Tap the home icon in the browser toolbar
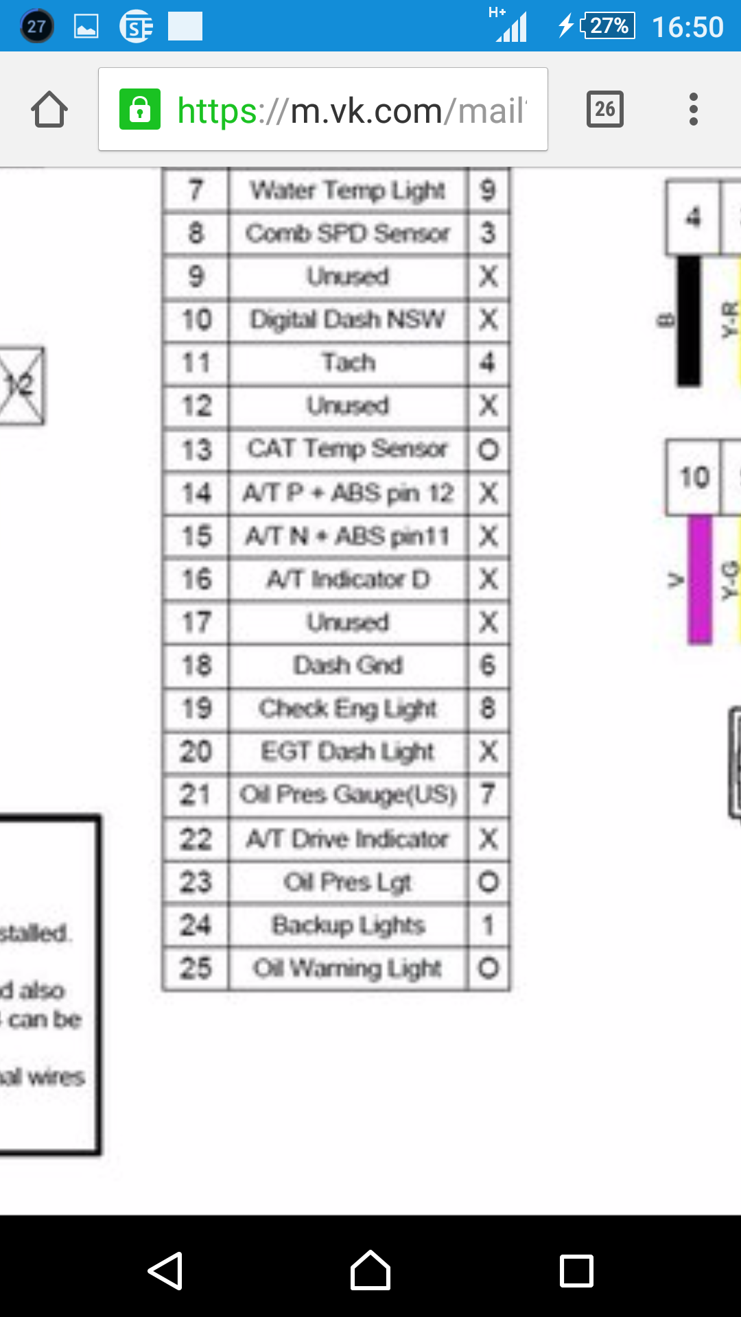(x=49, y=110)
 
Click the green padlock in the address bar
(x=140, y=109)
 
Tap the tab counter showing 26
(x=604, y=109)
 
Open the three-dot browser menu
(x=694, y=109)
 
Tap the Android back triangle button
(x=165, y=1271)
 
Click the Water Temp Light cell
(x=348, y=190)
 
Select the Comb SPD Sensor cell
(x=348, y=233)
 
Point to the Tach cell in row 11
(x=348, y=362)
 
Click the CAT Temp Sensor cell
(x=348, y=449)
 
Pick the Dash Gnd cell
(x=348, y=665)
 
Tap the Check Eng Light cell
(x=348, y=708)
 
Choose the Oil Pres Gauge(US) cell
(x=348, y=794)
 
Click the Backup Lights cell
(x=348, y=925)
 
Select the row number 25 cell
(x=196, y=968)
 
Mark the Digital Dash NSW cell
(x=348, y=319)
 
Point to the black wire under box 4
(x=689, y=320)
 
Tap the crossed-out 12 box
(x=21, y=385)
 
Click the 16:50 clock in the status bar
(x=687, y=27)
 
